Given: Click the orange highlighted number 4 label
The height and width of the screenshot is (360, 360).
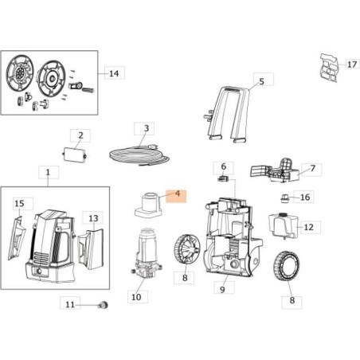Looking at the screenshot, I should (x=176, y=195).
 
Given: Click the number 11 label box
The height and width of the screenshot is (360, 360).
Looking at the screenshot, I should (x=71, y=304).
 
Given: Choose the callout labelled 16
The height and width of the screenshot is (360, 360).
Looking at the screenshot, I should (x=305, y=197).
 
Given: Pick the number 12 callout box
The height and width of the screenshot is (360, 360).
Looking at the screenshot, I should (x=308, y=227).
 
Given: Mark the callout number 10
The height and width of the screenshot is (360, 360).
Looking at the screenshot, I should (x=135, y=296).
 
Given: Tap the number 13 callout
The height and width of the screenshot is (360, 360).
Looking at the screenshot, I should (x=93, y=217).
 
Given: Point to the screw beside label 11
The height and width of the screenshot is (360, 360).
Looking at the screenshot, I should (x=101, y=304).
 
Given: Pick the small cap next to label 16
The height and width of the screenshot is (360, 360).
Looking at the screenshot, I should (x=285, y=197).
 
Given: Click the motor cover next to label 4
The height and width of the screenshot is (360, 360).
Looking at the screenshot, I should (x=147, y=206).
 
